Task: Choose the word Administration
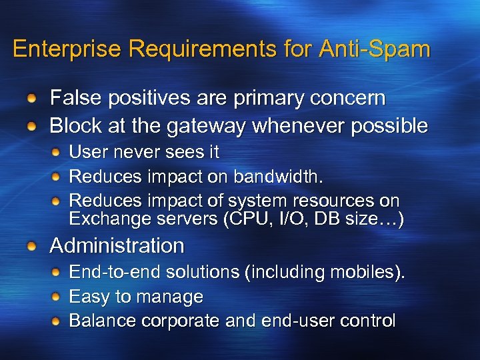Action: tap(117, 246)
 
